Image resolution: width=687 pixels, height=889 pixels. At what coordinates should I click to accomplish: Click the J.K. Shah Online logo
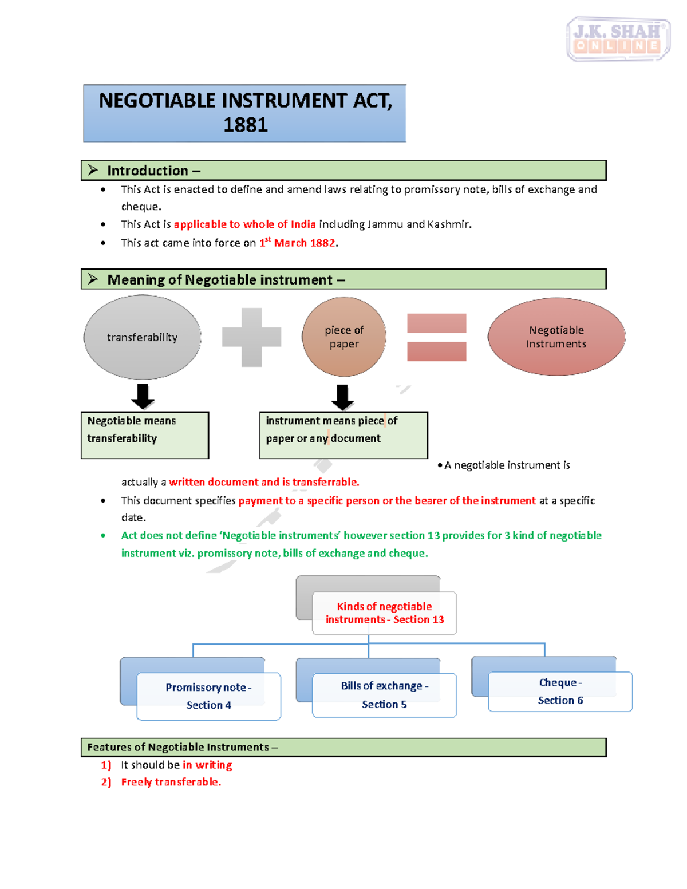pyautogui.click(x=618, y=38)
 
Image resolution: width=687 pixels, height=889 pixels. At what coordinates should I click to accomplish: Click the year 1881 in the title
pyautogui.click(x=245, y=125)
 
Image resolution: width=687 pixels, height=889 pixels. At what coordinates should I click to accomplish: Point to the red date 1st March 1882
pyautogui.click(x=298, y=243)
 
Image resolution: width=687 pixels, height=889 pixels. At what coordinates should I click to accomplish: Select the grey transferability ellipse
pyautogui.click(x=142, y=337)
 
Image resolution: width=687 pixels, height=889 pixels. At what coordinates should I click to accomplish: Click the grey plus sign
pyautogui.click(x=251, y=337)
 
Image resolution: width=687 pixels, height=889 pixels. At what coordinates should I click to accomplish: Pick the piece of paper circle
pyautogui.click(x=343, y=337)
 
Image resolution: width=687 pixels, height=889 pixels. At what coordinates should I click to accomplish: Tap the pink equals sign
pyautogui.click(x=436, y=337)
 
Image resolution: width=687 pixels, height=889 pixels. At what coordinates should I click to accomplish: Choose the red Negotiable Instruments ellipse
pyautogui.click(x=556, y=337)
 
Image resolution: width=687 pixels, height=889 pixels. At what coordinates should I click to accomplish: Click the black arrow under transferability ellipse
pyautogui.click(x=143, y=396)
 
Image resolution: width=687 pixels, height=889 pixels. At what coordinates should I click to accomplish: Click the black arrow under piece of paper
pyautogui.click(x=342, y=397)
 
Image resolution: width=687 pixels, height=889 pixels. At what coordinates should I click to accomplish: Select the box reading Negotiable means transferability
pyautogui.click(x=144, y=434)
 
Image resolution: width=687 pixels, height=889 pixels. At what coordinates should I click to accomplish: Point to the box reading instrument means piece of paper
pyautogui.click(x=343, y=434)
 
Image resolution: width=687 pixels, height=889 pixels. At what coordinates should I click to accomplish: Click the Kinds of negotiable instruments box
pyautogui.click(x=384, y=613)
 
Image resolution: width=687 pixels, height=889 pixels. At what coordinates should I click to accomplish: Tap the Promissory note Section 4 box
pyautogui.click(x=208, y=696)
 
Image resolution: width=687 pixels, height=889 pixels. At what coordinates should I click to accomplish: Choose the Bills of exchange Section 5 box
pyautogui.click(x=384, y=695)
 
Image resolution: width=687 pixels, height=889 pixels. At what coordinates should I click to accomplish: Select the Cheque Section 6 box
pyautogui.click(x=560, y=692)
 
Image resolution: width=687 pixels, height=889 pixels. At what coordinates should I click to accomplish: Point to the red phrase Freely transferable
pyautogui.click(x=171, y=782)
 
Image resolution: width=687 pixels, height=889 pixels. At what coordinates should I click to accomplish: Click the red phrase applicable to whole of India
pyautogui.click(x=244, y=224)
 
